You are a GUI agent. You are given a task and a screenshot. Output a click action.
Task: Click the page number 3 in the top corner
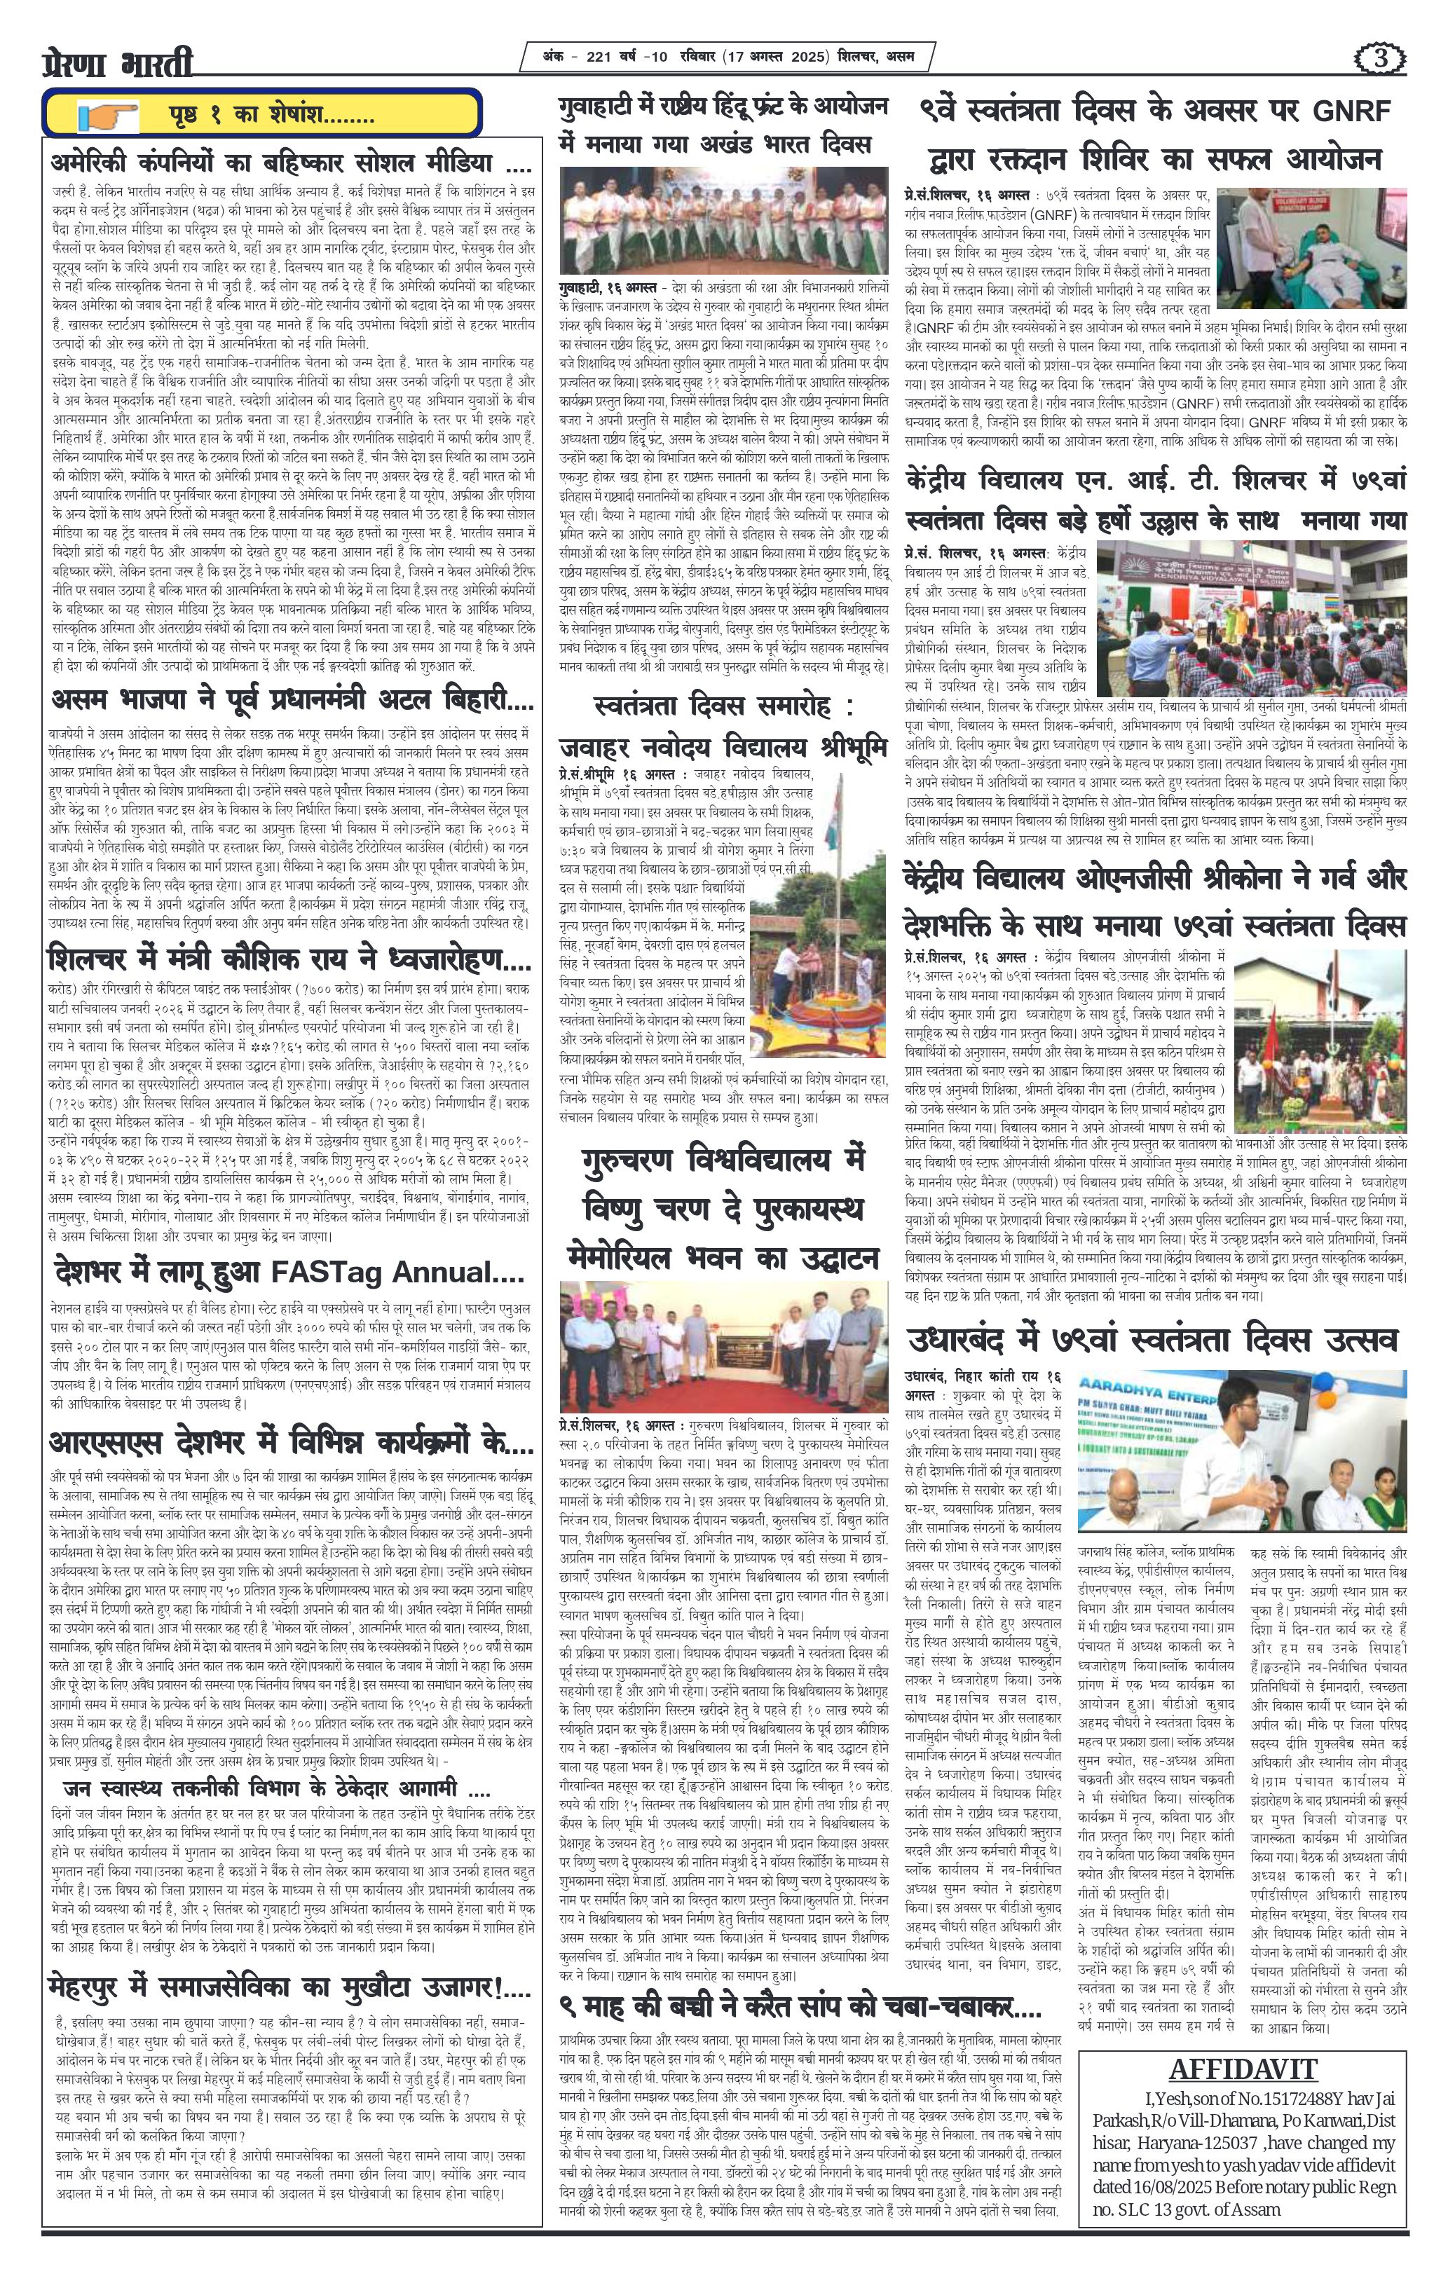tap(1382, 59)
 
